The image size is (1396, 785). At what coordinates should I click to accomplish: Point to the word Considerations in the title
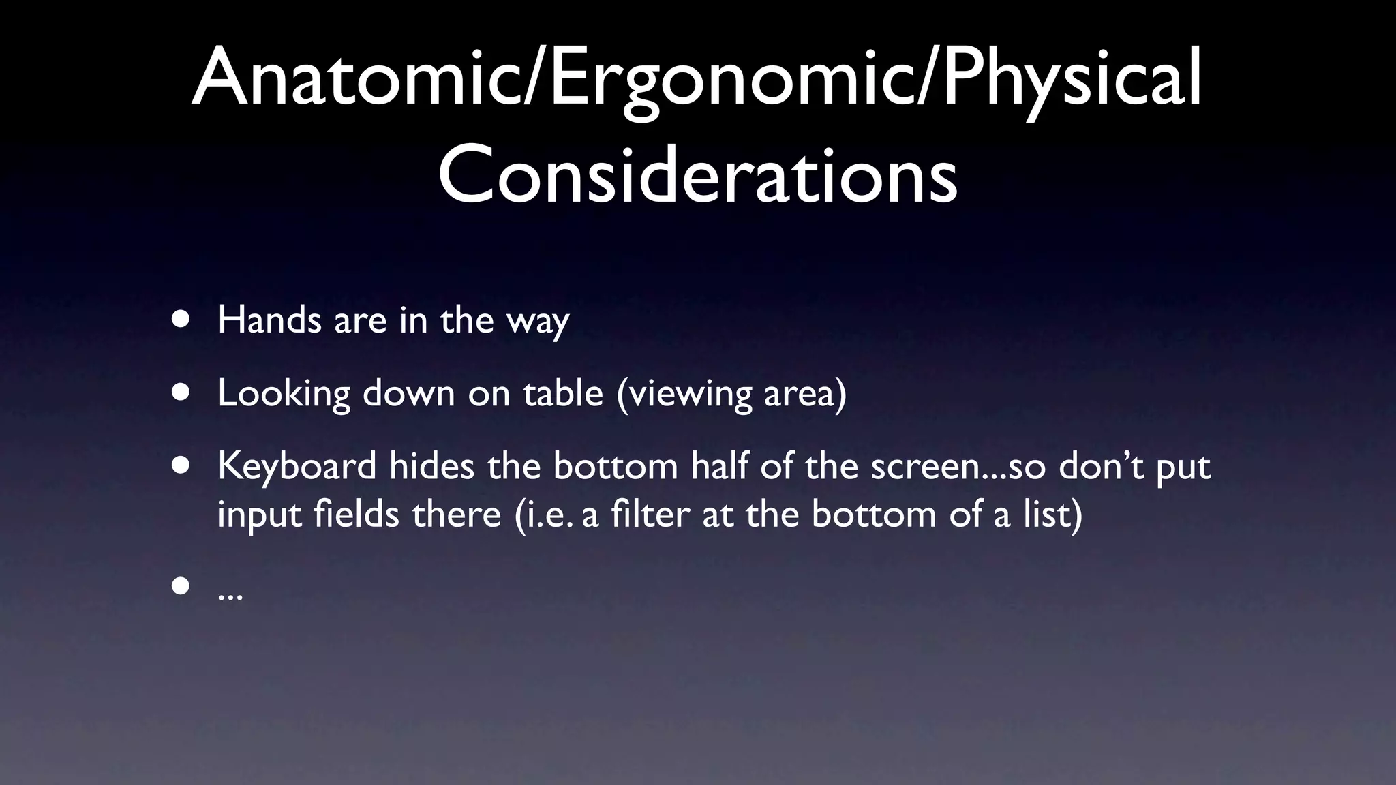click(697, 176)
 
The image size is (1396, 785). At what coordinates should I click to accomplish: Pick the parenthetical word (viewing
click(683, 394)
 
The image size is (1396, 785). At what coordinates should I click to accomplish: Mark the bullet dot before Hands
click(181, 320)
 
